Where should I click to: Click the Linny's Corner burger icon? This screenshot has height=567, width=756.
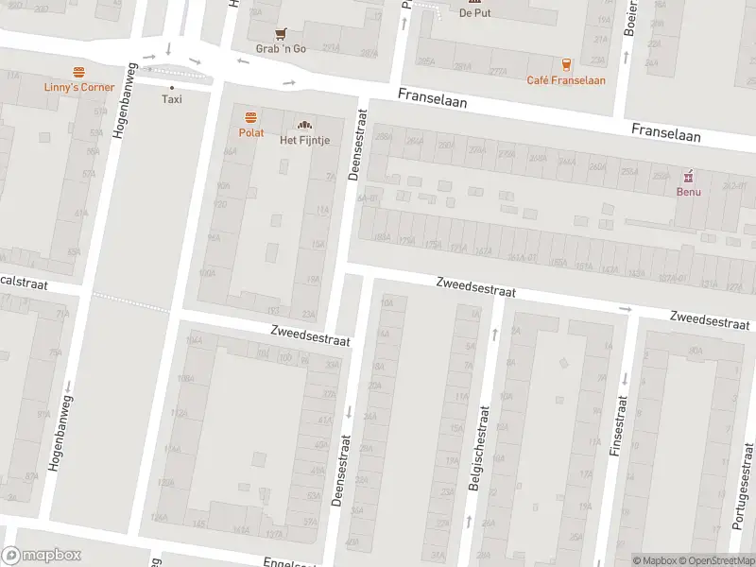78,72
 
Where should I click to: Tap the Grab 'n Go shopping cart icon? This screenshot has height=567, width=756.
281,33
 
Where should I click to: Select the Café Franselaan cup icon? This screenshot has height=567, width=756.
566,64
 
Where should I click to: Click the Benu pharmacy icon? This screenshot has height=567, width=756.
689,176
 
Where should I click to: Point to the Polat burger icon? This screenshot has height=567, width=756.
250,118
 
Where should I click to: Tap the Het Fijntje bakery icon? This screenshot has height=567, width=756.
304,125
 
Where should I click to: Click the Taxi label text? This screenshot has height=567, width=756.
171,99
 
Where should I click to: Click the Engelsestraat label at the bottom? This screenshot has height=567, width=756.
287,561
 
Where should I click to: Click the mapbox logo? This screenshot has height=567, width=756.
42,556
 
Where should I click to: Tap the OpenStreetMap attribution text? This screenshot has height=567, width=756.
716,560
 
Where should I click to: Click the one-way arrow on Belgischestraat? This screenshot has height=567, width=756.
494,332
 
